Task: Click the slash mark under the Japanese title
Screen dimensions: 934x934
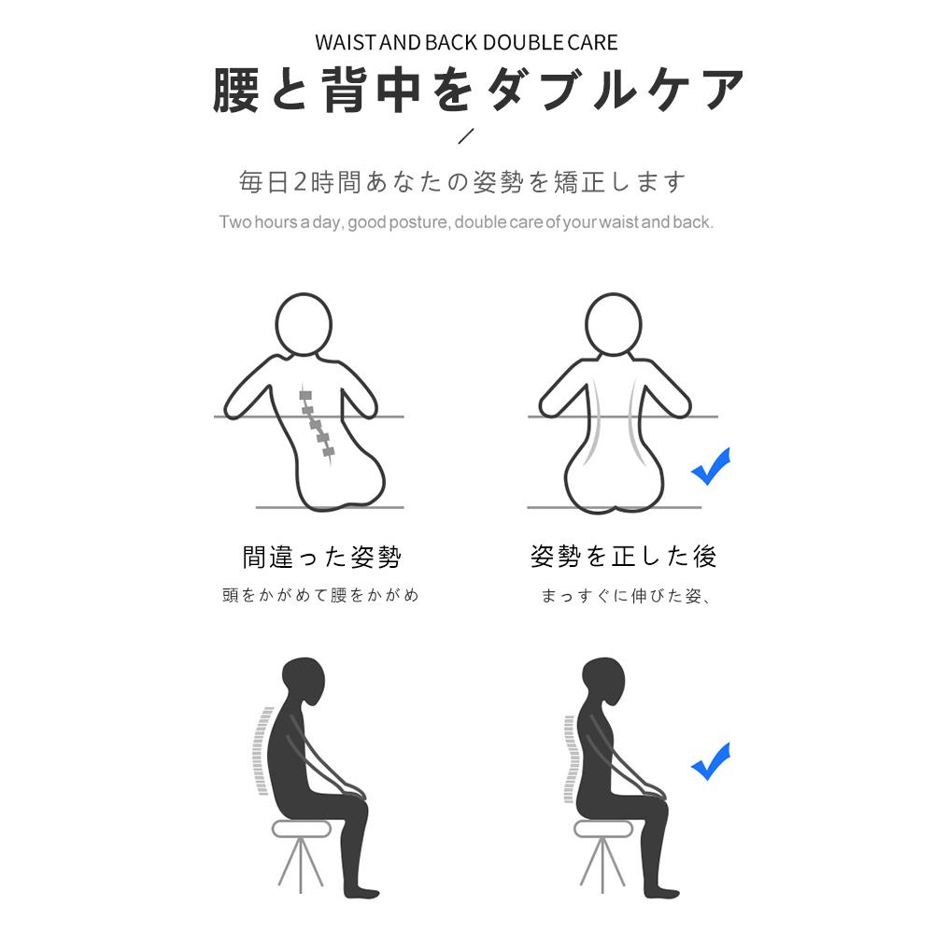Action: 466,135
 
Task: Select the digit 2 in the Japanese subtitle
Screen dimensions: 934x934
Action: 300,182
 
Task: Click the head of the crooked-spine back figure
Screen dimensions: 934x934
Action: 304,325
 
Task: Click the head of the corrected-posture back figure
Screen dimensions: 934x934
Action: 614,325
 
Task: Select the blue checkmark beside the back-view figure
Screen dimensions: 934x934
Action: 710,468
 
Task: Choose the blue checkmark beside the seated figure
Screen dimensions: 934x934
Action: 710,762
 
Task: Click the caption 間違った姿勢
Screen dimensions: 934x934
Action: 321,557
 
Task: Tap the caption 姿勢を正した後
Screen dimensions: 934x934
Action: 623,557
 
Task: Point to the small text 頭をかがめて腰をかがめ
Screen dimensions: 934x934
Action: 320,595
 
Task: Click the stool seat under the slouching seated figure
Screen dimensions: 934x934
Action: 301,828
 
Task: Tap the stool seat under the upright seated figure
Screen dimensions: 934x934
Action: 602,828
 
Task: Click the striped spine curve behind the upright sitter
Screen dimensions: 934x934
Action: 570,758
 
